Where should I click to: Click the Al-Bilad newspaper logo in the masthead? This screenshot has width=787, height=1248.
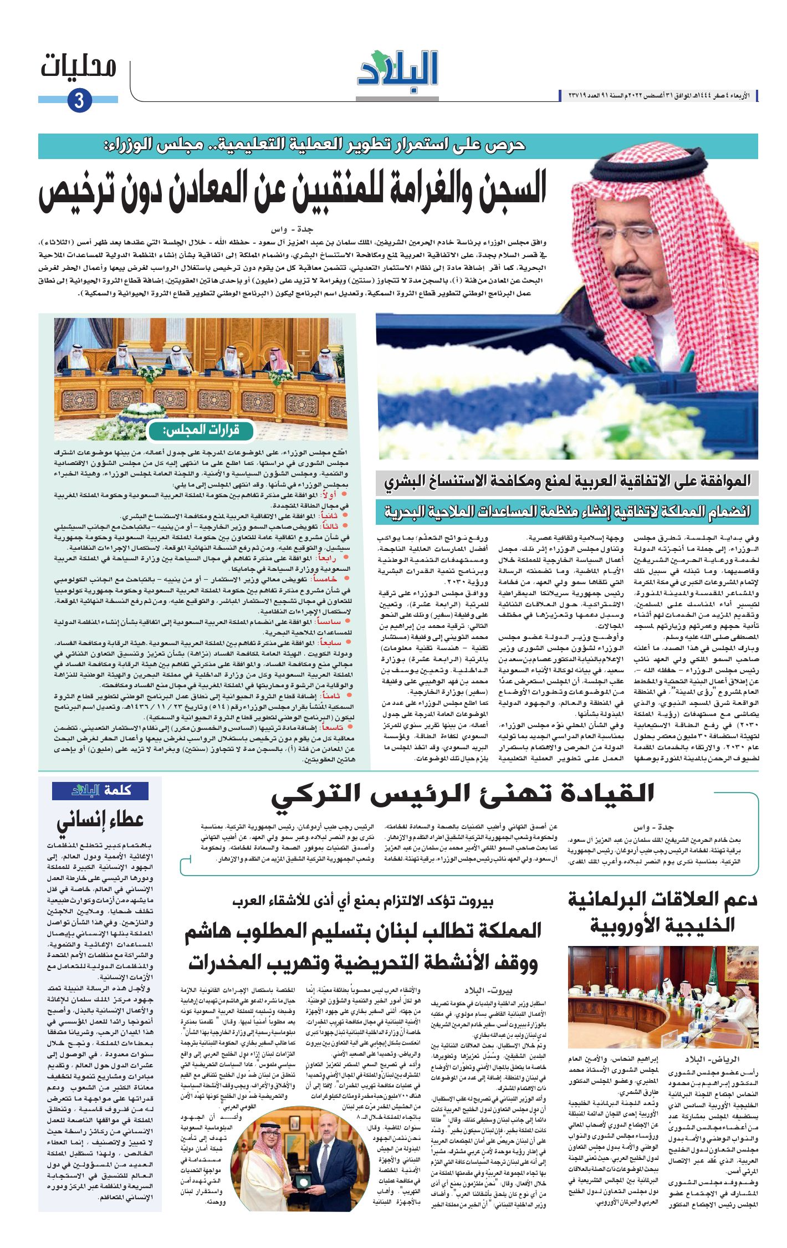[398, 69]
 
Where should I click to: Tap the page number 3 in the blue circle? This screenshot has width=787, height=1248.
[79, 100]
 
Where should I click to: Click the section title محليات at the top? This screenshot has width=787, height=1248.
[78, 67]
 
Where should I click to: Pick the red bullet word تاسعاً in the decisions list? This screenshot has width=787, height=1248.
[333, 728]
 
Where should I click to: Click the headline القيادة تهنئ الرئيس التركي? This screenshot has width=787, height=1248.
[462, 794]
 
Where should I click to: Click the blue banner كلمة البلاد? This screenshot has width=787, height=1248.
[100, 791]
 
